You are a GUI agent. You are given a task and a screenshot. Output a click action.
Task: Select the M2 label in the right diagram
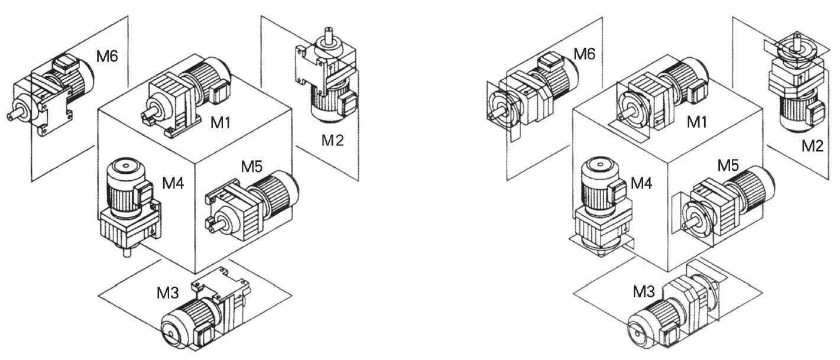[812, 145]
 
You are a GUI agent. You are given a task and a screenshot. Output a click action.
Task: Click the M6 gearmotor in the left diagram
[51, 94]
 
